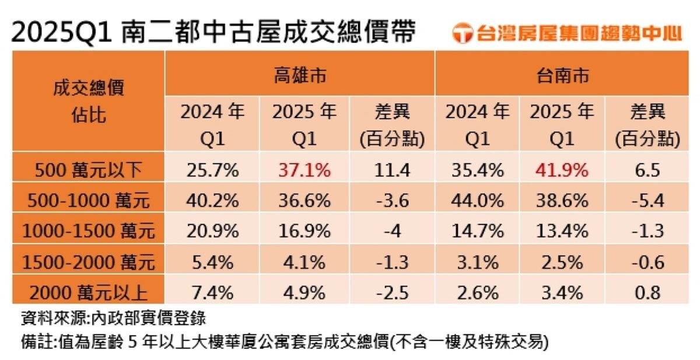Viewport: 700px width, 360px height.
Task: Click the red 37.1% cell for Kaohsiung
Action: tap(299, 170)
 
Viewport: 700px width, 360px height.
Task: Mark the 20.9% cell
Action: tap(212, 230)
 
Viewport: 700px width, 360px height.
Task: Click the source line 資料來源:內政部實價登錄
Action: tap(113, 319)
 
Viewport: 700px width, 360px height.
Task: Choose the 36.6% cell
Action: tap(299, 200)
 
